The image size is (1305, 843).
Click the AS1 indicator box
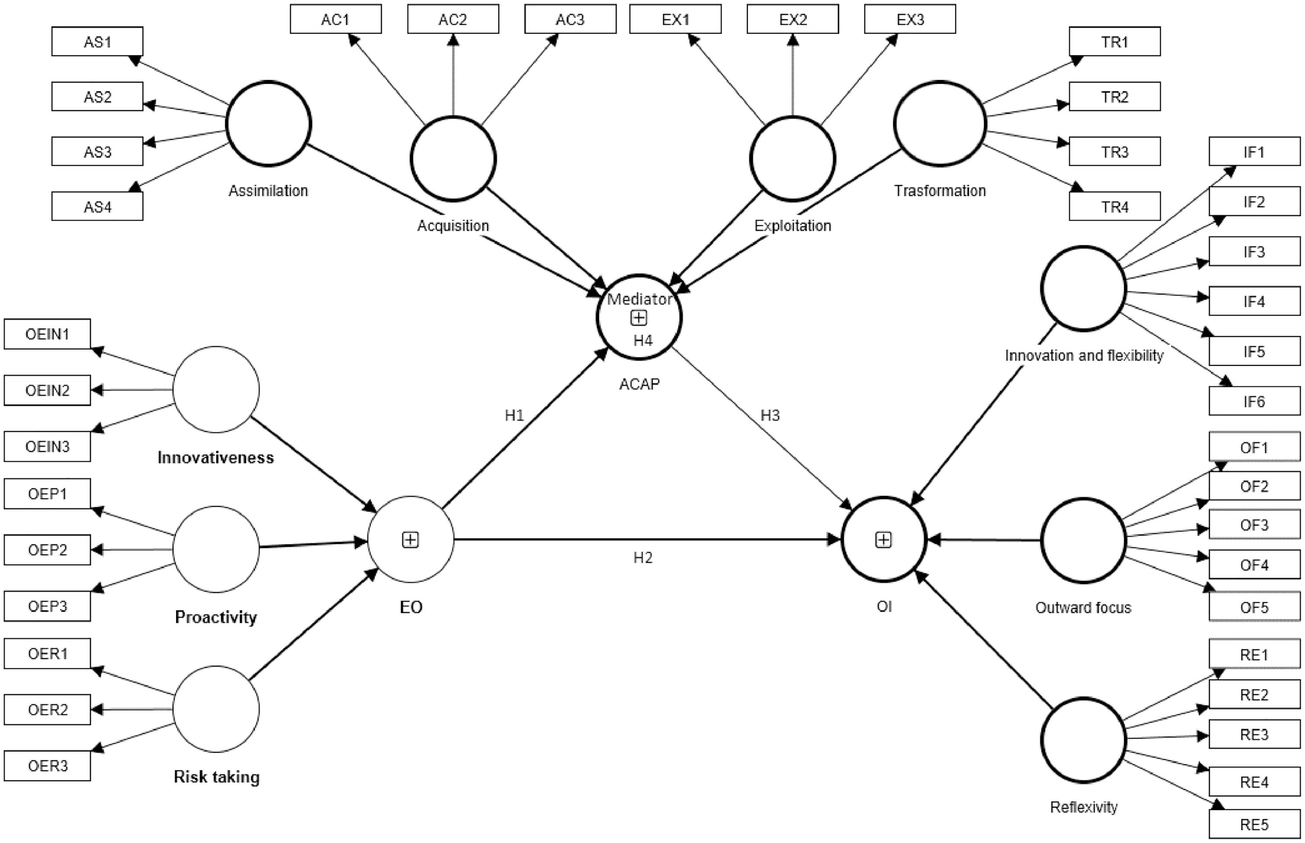(x=97, y=42)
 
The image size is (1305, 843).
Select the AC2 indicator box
(x=453, y=20)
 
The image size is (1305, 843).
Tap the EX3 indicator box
(x=910, y=20)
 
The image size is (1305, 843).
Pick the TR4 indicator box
(x=1115, y=206)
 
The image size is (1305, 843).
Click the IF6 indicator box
(x=1254, y=401)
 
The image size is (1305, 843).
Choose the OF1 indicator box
(x=1254, y=447)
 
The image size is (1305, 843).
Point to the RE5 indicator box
(x=1254, y=824)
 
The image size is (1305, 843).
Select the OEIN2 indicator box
(x=47, y=390)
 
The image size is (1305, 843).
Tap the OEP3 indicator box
(x=47, y=606)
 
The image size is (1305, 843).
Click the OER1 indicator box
(x=47, y=654)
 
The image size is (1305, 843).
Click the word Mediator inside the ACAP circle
(x=639, y=299)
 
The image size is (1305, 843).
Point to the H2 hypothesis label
(x=643, y=557)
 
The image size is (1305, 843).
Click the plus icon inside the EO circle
(x=410, y=540)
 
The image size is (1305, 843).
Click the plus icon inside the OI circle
(x=884, y=540)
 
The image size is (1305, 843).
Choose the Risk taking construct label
(x=216, y=777)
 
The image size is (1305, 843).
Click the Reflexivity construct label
(x=1083, y=807)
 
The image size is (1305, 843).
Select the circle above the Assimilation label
(x=268, y=124)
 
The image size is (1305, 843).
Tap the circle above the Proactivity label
(x=216, y=549)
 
